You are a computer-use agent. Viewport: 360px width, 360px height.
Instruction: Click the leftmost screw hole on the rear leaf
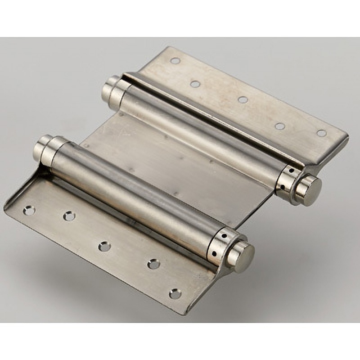coord(175,60)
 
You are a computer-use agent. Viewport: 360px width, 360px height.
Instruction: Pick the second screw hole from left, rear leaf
coord(195,84)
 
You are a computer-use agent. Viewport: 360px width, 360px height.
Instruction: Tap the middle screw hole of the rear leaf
coord(243,99)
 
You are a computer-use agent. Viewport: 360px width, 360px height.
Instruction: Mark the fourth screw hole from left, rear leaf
coord(280,126)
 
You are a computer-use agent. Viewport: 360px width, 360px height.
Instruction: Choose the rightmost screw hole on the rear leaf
coord(321,133)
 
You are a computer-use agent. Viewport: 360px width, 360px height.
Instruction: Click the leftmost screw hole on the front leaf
coord(29,210)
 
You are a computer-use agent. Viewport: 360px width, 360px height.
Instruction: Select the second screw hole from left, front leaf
coord(69,216)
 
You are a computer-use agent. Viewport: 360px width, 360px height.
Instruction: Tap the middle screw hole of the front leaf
coord(104,246)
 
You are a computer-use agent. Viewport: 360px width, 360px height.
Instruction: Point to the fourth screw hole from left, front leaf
coord(154,264)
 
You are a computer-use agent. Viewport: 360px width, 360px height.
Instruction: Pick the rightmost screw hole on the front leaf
coord(175,294)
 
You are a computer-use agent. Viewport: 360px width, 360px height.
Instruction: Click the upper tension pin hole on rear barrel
coord(291,171)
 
